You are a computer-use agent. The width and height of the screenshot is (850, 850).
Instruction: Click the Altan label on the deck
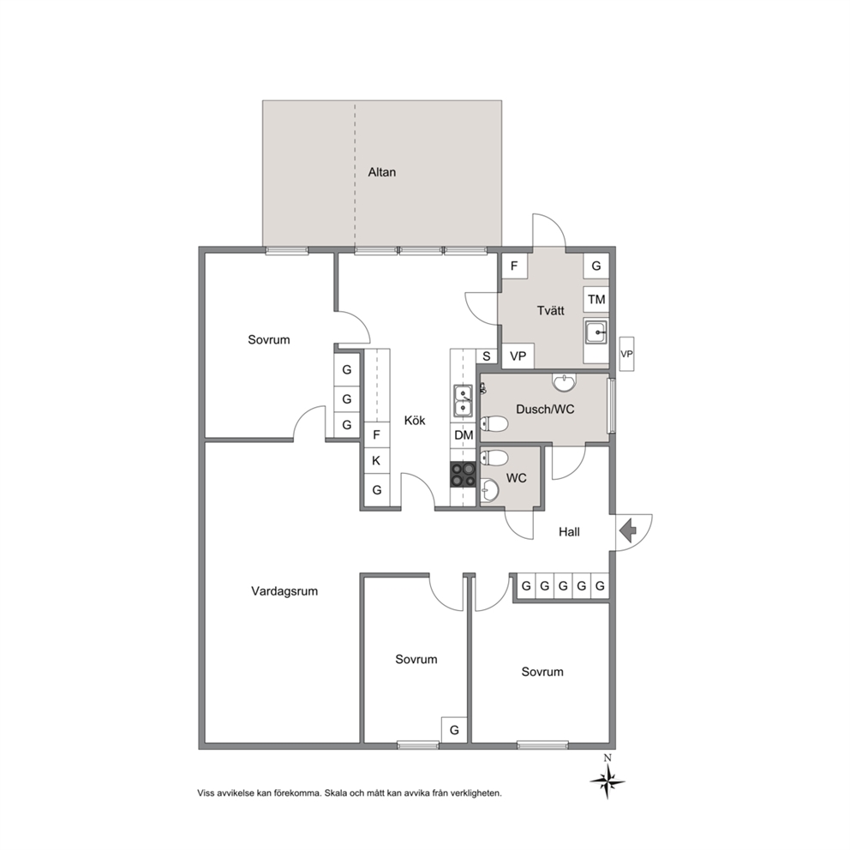pyautogui.click(x=381, y=172)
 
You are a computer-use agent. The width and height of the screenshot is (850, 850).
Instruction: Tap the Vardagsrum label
pyautogui.click(x=284, y=591)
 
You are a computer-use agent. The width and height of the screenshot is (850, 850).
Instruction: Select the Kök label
pyautogui.click(x=415, y=420)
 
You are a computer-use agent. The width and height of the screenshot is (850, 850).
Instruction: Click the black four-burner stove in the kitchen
pyautogui.click(x=463, y=475)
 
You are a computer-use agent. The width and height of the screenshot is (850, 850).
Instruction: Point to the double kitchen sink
pyautogui.click(x=463, y=400)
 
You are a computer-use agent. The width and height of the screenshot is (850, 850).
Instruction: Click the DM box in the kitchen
pyautogui.click(x=464, y=434)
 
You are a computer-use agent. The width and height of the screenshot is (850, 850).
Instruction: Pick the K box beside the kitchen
pyautogui.click(x=376, y=461)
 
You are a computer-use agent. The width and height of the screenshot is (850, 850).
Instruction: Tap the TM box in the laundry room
pyautogui.click(x=596, y=299)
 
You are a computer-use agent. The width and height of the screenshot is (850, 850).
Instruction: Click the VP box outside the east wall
pyautogui.click(x=626, y=354)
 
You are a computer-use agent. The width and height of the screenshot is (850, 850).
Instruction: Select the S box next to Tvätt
pyautogui.click(x=486, y=356)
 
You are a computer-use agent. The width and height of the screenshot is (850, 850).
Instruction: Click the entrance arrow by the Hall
pyautogui.click(x=628, y=530)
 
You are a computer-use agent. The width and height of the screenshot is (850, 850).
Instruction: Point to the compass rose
pyautogui.click(x=608, y=780)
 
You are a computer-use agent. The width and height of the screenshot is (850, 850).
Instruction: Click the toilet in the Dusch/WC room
pyautogui.click(x=494, y=423)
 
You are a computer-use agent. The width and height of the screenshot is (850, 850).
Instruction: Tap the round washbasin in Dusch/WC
pyautogui.click(x=565, y=382)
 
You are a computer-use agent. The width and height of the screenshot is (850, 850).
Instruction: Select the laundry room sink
pyautogui.click(x=596, y=332)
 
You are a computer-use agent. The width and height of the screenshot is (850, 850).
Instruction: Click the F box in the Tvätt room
pyautogui.click(x=514, y=266)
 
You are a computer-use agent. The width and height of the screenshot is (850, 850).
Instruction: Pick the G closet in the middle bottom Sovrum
pyautogui.click(x=454, y=730)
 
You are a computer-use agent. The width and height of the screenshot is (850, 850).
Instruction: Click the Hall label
pyautogui.click(x=569, y=532)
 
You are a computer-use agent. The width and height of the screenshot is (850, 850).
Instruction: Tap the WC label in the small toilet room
pyautogui.click(x=516, y=478)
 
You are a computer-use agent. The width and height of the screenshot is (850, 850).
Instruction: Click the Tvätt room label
pyautogui.click(x=550, y=311)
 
